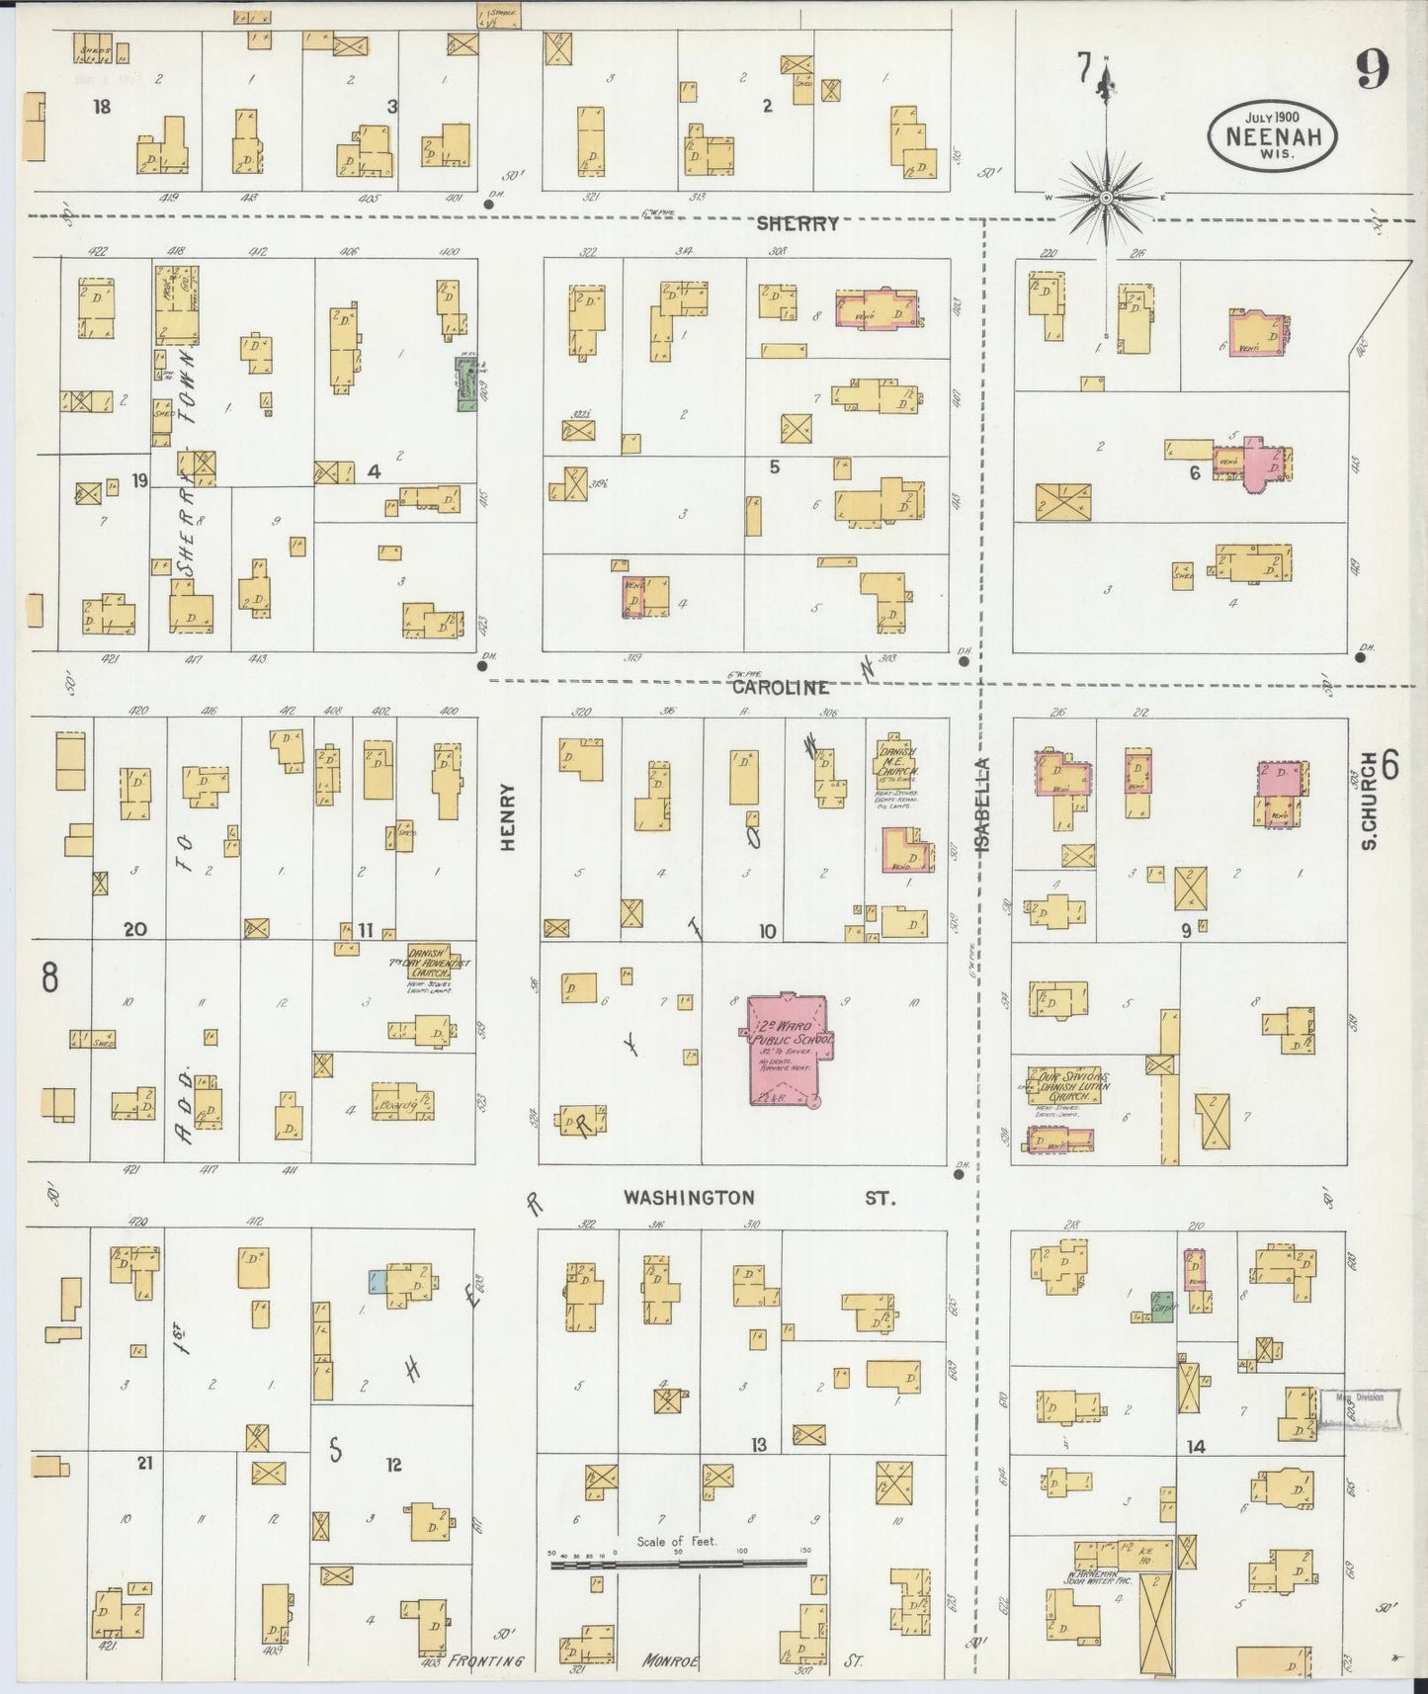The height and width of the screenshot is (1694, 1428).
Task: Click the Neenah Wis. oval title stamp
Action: tap(1272, 134)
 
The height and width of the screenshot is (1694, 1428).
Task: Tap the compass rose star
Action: tap(1106, 198)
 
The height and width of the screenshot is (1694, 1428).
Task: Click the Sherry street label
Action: tap(797, 223)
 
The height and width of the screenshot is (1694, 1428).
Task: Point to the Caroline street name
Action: tap(780, 687)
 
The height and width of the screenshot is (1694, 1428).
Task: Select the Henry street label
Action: tap(508, 817)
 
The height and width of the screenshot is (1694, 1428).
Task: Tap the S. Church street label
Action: tap(1368, 788)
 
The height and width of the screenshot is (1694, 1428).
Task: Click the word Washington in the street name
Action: tap(689, 1198)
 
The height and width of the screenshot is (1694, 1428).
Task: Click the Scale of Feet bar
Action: tap(678, 1564)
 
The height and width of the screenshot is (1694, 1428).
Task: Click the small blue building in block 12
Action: tap(377, 1281)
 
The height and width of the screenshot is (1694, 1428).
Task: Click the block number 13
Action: tap(758, 1445)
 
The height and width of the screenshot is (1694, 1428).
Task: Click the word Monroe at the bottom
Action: tap(670, 1661)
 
